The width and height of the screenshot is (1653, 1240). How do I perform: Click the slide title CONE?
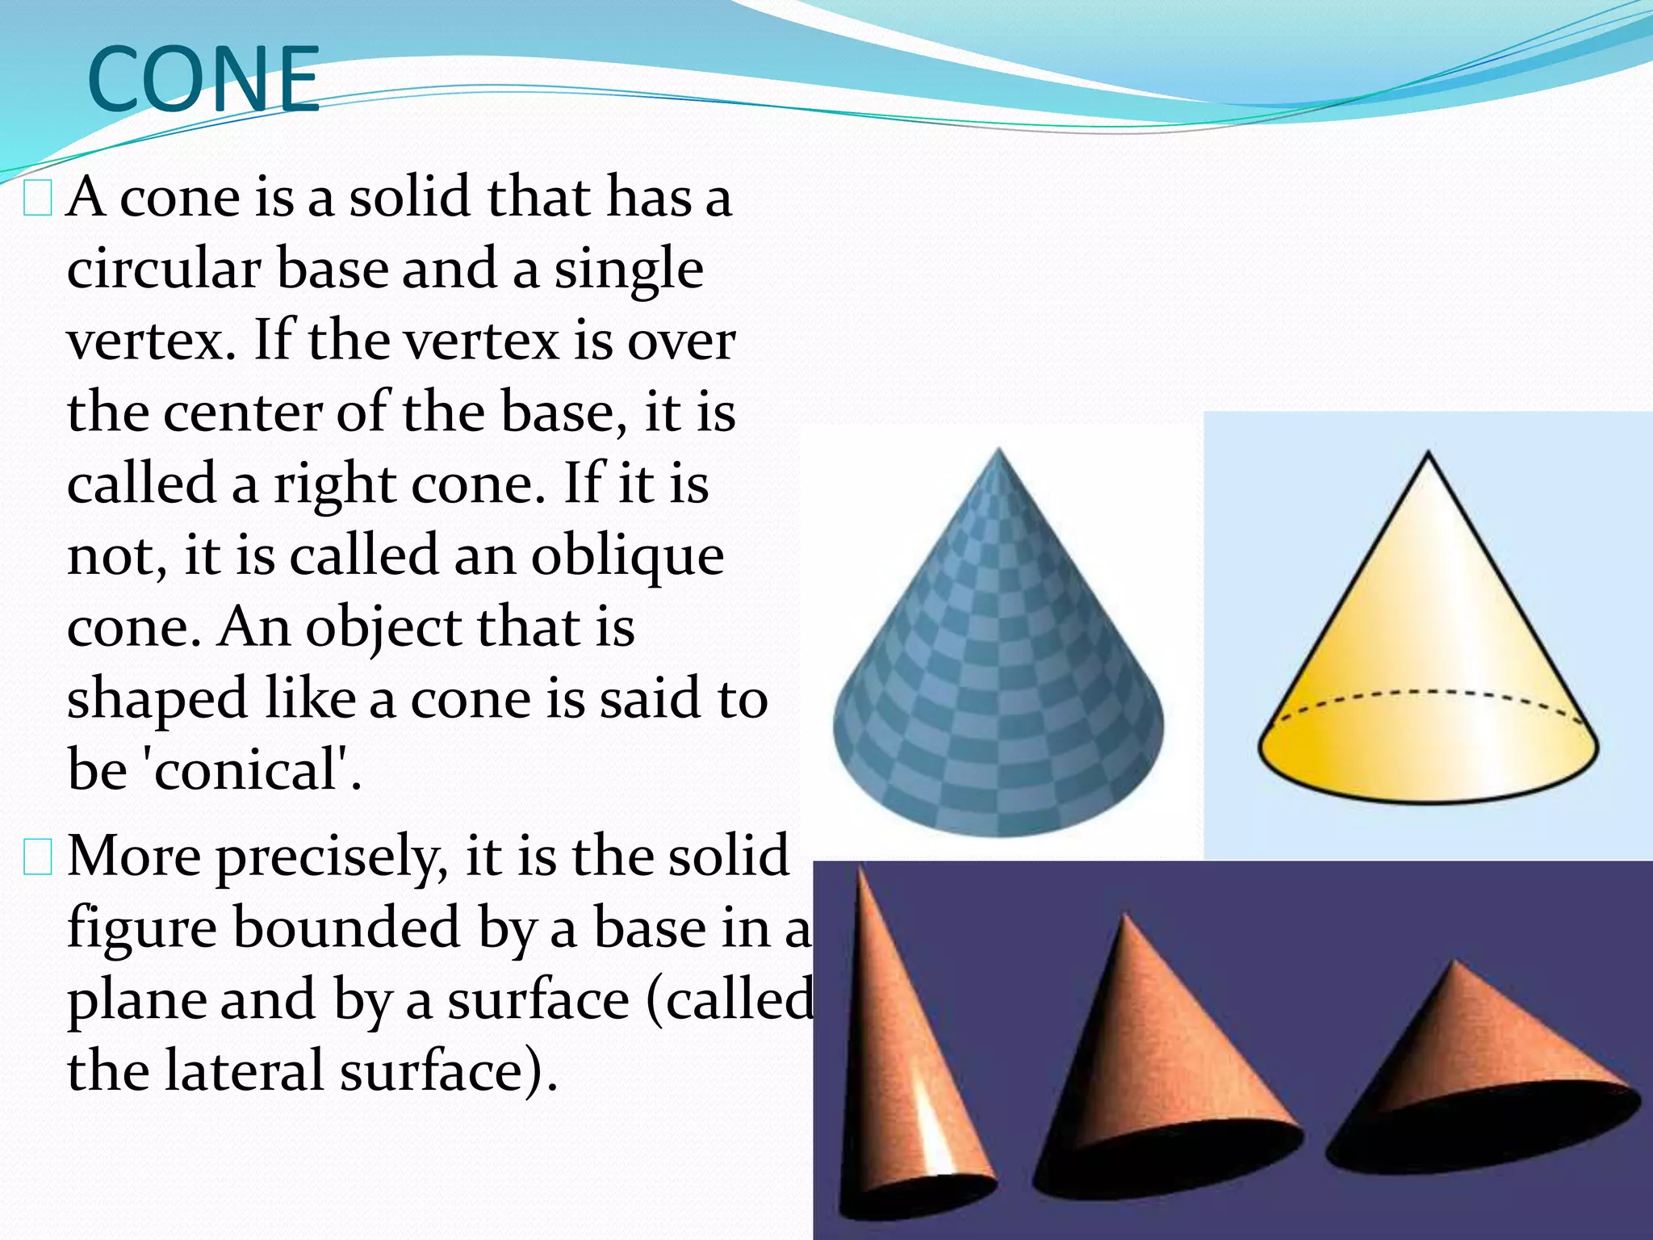pyautogui.click(x=203, y=79)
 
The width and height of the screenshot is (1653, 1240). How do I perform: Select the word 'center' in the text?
pyautogui.click(x=243, y=412)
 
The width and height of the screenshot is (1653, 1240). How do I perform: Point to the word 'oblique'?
pyautogui.click(x=627, y=557)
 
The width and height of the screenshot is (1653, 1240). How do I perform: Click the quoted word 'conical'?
pyautogui.click(x=245, y=769)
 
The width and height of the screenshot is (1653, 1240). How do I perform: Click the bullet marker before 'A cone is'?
pyautogui.click(x=38, y=199)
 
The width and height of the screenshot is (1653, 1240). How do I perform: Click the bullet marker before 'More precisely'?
pyautogui.click(x=38, y=857)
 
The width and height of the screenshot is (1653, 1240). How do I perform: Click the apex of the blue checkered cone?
pyautogui.click(x=999, y=450)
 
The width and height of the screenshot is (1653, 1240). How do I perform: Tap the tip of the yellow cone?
pyautogui.click(x=1429, y=455)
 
